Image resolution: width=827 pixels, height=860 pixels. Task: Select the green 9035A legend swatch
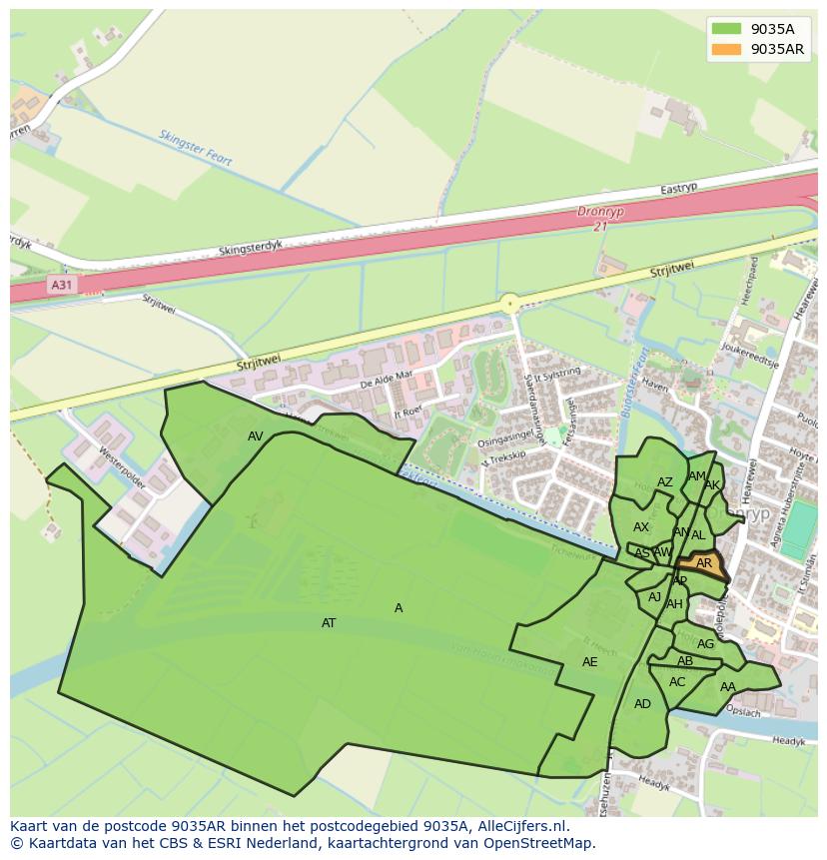[x=726, y=29]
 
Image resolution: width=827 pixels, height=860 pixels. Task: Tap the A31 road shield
[x=62, y=285]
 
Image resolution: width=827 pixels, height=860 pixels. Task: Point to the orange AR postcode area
[x=703, y=564]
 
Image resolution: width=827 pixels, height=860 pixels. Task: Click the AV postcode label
[x=256, y=436]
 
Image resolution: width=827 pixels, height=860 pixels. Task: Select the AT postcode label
[x=329, y=623]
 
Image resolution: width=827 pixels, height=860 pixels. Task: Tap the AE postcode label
[x=589, y=662]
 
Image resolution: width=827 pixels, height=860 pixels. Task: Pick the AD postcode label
[x=642, y=704]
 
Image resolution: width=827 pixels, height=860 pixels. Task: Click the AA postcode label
[x=728, y=687]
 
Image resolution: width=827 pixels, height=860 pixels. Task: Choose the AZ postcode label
[x=665, y=482]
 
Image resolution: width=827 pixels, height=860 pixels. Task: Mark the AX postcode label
[x=641, y=527]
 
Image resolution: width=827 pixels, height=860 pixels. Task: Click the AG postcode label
[x=706, y=644]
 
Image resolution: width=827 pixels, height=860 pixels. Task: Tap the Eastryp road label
[x=678, y=189]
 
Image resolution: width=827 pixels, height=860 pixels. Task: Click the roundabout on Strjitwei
[x=510, y=303]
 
